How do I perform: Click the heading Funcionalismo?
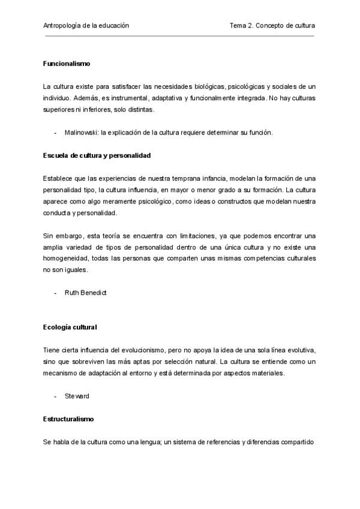pyautogui.click(x=67, y=64)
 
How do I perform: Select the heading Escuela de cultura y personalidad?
pyautogui.click(x=97, y=155)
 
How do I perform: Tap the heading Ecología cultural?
pyautogui.click(x=70, y=327)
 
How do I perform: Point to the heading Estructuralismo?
pyautogui.click(x=68, y=418)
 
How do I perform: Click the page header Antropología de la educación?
pyautogui.click(x=86, y=26)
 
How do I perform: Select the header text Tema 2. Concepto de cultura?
pyautogui.click(x=272, y=26)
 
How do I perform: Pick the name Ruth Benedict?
pyautogui.click(x=86, y=293)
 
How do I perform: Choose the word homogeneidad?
pyautogui.click(x=68, y=259)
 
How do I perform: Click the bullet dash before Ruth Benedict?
pyautogui.click(x=56, y=293)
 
